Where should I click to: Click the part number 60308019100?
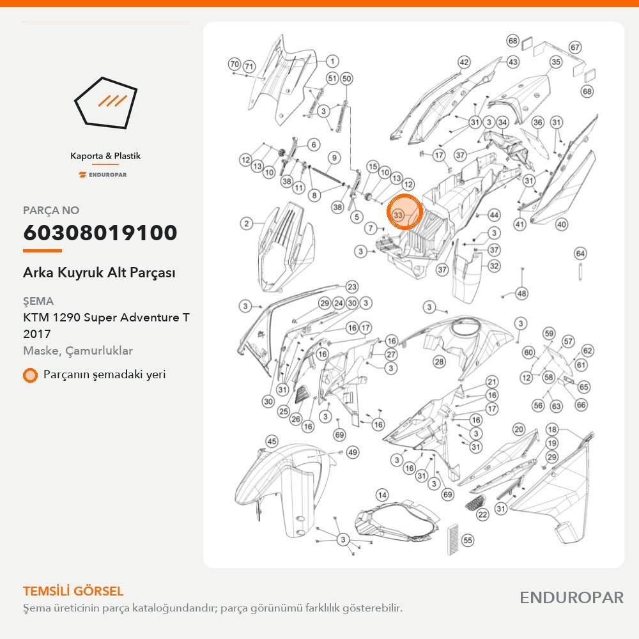(100, 233)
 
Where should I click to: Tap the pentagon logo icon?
(105, 102)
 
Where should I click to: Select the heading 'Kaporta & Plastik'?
(105, 156)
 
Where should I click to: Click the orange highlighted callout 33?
(403, 212)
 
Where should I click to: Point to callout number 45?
(272, 441)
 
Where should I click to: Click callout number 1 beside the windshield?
(332, 61)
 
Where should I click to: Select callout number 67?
(575, 47)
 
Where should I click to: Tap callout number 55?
(468, 541)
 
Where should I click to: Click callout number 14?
(382, 495)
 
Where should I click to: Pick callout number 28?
(439, 362)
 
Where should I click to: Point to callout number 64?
(580, 254)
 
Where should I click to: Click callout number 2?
(246, 223)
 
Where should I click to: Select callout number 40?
(562, 224)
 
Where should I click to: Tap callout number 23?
(352, 287)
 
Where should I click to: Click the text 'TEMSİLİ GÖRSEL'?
(73, 591)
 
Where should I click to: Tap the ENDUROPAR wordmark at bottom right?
(571, 597)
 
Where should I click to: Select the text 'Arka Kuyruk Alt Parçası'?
(99, 272)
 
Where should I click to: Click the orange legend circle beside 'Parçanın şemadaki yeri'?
(30, 375)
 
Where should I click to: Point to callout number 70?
(235, 64)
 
